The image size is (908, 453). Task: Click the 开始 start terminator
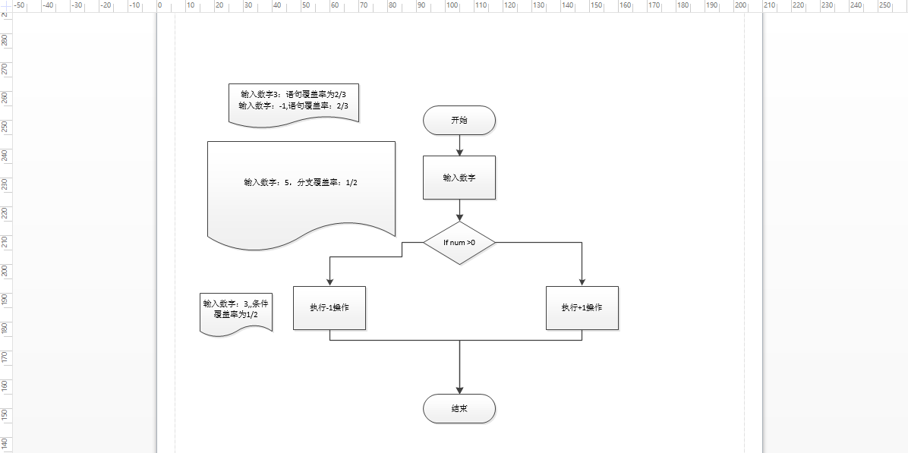(x=459, y=120)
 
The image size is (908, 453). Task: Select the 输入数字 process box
(x=459, y=178)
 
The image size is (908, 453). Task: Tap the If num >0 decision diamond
(x=459, y=243)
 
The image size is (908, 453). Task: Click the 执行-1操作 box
(x=329, y=308)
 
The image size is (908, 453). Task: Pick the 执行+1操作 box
(x=582, y=308)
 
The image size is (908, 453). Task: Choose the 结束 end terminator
(x=459, y=408)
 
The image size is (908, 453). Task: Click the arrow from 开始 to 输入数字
(x=459, y=146)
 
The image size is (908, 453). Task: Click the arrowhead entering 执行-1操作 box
(x=329, y=282)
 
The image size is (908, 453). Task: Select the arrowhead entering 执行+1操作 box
(x=582, y=282)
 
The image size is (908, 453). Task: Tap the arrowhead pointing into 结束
(x=459, y=390)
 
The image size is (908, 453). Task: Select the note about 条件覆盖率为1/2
(x=236, y=310)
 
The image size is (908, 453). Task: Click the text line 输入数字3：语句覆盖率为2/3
(x=294, y=94)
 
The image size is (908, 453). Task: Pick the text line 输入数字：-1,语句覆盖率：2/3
(x=294, y=105)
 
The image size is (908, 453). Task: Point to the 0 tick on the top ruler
(x=159, y=5)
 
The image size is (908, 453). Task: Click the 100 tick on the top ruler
(x=452, y=5)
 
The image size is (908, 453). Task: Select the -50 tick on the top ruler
(x=17, y=5)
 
